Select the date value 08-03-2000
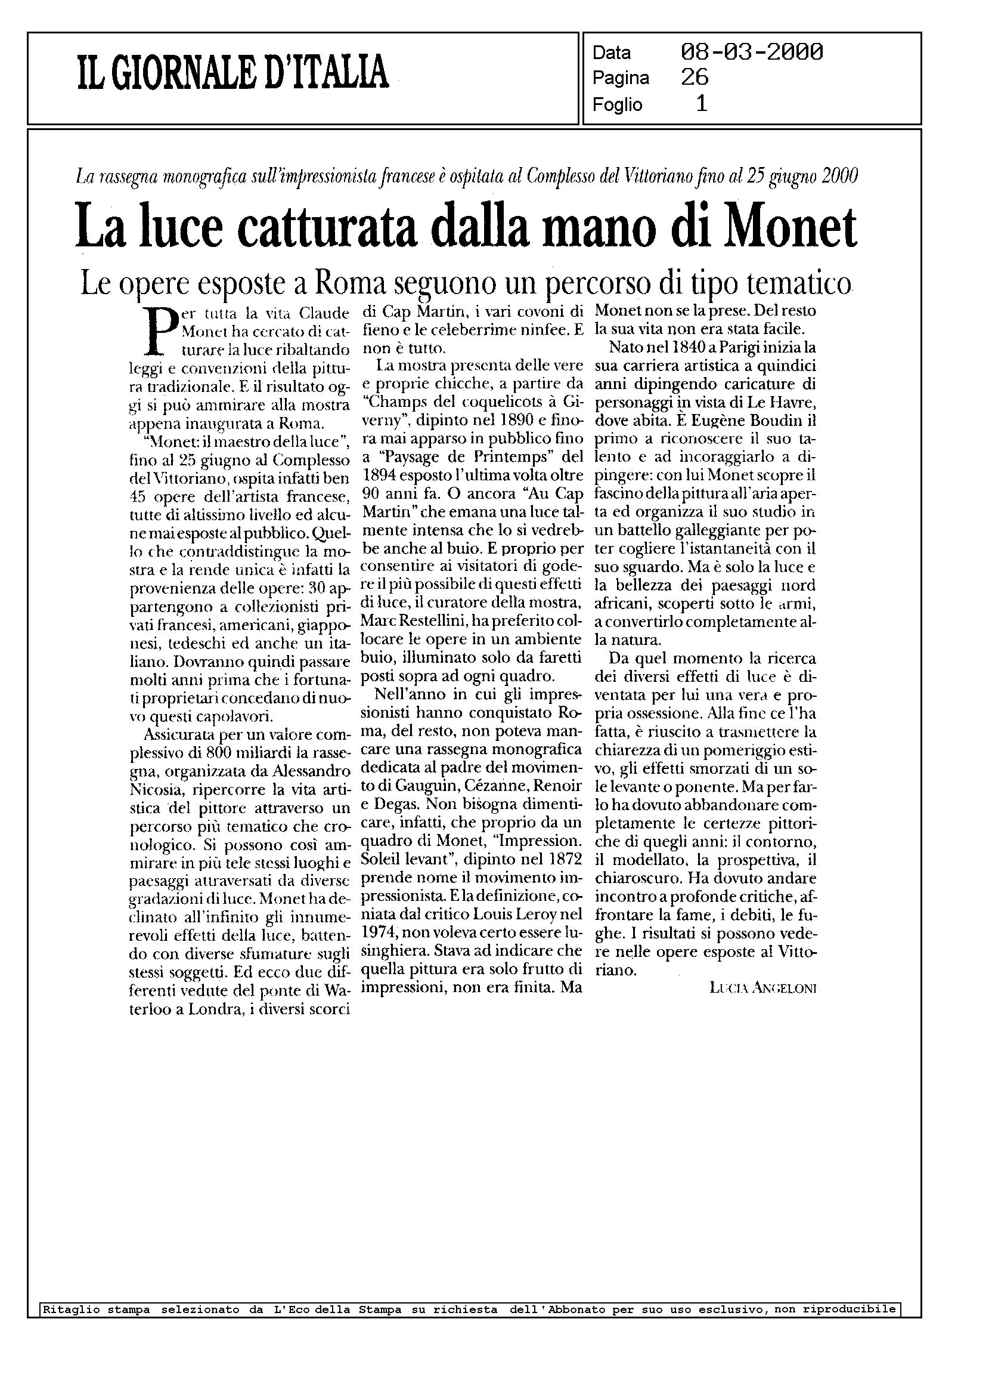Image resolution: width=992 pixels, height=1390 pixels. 751,52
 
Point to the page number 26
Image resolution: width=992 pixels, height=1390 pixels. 695,78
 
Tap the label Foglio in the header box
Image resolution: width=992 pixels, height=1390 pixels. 617,105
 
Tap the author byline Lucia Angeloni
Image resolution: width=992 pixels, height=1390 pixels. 763,988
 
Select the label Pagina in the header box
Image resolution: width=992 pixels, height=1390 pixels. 621,79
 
